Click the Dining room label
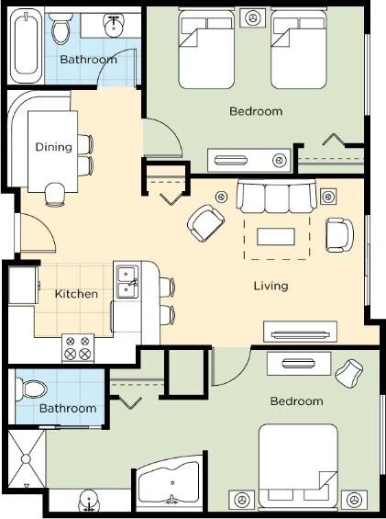click(53, 147)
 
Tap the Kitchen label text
click(76, 294)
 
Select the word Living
click(271, 286)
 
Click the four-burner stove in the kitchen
click(78, 347)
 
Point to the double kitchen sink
click(127, 281)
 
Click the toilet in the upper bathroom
click(61, 28)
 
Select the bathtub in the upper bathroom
click(26, 46)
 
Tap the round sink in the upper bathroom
click(115, 25)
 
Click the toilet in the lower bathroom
click(31, 389)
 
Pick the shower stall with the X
click(26, 458)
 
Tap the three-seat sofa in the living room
click(276, 197)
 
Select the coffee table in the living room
click(276, 237)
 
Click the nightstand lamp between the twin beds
click(253, 17)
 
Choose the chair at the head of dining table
click(55, 195)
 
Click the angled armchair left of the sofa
click(205, 223)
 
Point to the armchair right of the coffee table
click(339, 235)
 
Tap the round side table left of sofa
click(221, 197)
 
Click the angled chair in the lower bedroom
click(349, 374)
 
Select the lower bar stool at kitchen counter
click(167, 315)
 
